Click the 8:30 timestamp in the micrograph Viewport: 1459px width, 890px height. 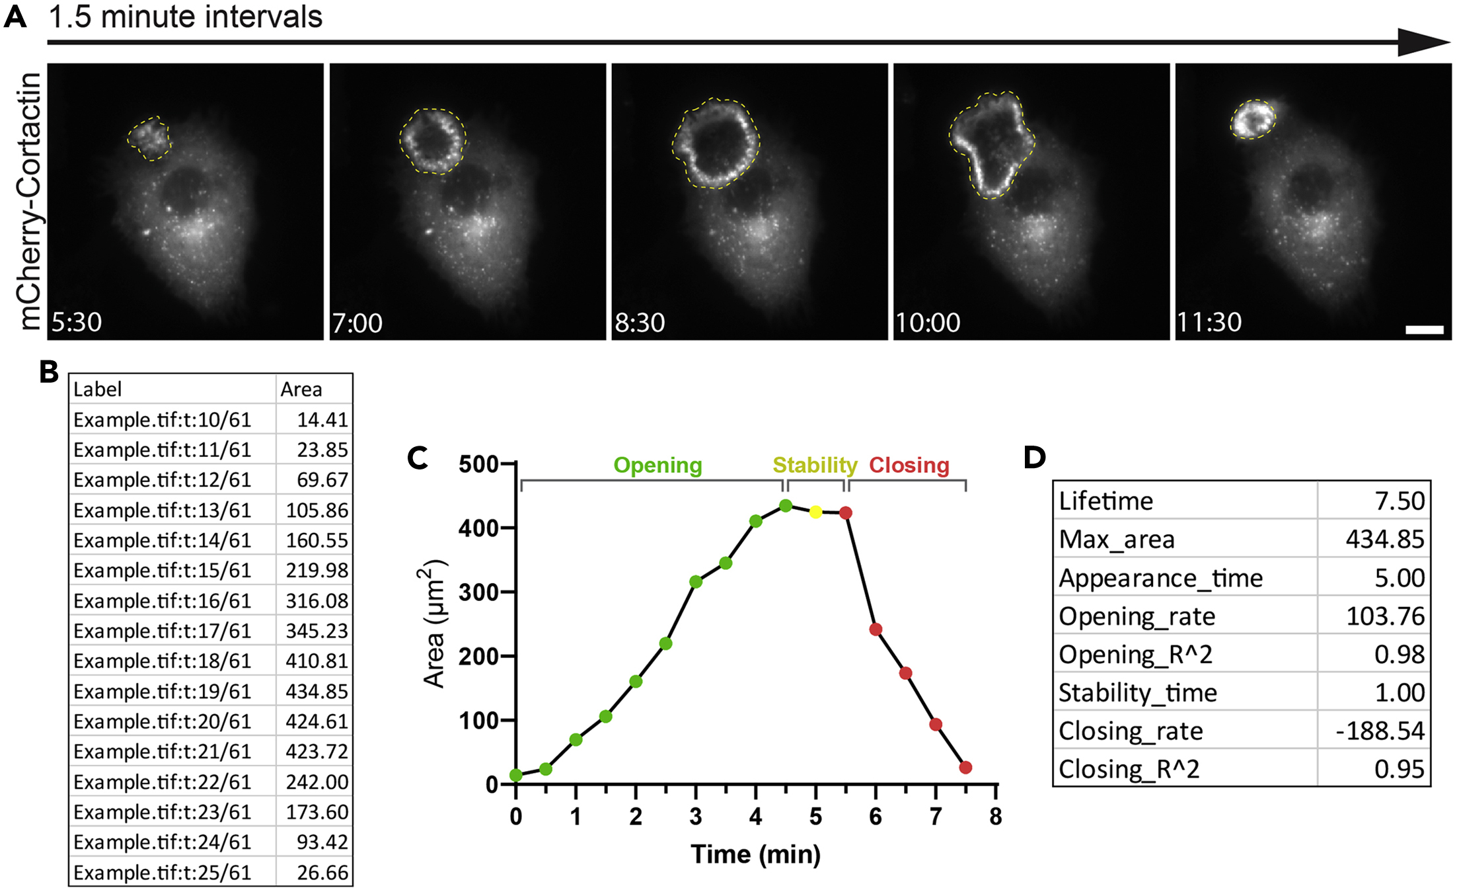point(640,323)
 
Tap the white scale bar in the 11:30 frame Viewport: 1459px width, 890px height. point(1424,329)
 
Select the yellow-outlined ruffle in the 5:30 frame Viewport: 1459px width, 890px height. point(149,139)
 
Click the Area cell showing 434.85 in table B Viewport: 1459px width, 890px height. point(317,691)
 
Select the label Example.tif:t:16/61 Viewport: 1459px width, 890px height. point(163,600)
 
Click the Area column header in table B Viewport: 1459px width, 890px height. point(301,389)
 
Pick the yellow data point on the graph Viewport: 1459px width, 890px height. point(815,512)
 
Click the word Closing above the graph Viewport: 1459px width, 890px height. point(909,465)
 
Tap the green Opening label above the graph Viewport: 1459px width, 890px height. point(657,465)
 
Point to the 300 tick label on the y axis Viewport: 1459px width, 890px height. point(478,592)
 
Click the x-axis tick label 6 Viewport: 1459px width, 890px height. point(876,817)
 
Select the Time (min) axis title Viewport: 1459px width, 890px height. point(755,854)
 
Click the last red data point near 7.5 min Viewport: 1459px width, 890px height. point(965,768)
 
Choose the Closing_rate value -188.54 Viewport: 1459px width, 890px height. point(1380,731)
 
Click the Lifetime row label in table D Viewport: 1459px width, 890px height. point(1105,501)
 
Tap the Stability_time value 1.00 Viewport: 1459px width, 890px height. point(1400,692)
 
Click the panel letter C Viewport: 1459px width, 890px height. point(418,458)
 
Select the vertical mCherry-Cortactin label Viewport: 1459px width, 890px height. point(29,201)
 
